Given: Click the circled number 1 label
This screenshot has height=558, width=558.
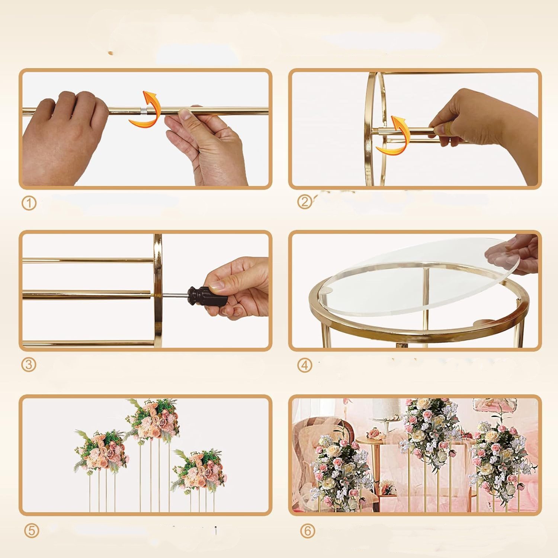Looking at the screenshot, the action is [29, 203].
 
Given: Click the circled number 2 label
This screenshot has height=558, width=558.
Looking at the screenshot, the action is [305, 202].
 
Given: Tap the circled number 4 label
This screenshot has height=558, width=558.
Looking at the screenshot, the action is [305, 365].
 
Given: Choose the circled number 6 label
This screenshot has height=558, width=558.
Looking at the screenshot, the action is [307, 531].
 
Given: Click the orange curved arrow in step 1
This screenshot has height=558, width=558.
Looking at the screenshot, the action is [146, 108].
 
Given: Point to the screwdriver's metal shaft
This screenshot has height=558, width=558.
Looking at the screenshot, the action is [174, 296].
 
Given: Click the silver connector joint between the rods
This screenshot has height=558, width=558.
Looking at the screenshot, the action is [143, 110].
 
